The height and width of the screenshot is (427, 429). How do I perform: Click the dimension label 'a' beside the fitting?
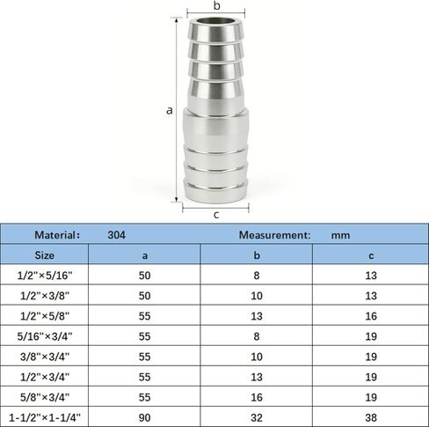(169, 111)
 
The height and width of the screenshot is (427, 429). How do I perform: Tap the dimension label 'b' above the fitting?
(216, 5)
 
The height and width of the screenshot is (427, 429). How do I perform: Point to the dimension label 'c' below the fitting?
(216, 215)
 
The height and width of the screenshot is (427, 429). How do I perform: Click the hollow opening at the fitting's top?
(216, 21)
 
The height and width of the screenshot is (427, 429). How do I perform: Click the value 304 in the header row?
(117, 235)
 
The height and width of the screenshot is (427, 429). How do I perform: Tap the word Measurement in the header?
(273, 235)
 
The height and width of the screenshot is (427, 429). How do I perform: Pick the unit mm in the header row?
(340, 235)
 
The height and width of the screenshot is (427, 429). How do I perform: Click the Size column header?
(45, 255)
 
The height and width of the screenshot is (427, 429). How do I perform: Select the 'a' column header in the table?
(144, 255)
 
